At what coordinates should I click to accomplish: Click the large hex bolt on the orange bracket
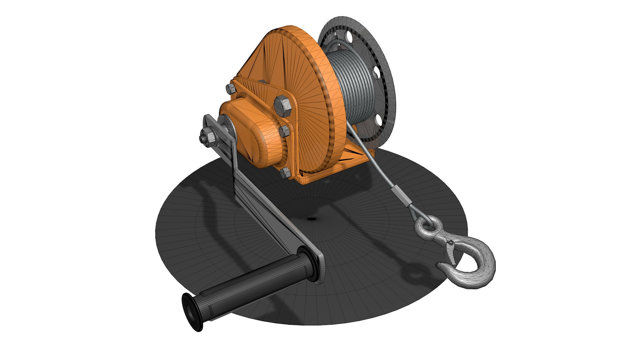[283, 106]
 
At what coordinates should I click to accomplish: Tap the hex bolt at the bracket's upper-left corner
[230, 88]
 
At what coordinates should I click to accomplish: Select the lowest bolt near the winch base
[285, 173]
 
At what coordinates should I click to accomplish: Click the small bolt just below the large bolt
[284, 131]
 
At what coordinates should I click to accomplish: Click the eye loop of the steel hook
[426, 225]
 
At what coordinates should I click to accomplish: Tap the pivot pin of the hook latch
[450, 243]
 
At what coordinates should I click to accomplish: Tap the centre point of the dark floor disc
[312, 219]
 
